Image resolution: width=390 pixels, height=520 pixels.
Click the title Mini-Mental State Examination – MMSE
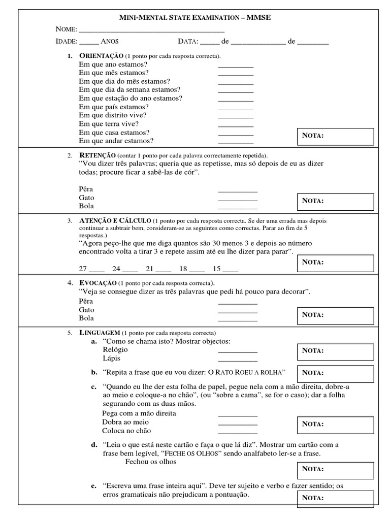coord(194,18)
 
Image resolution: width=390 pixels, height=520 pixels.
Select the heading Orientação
coord(102,55)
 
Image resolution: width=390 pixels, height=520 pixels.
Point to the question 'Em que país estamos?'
coord(114,107)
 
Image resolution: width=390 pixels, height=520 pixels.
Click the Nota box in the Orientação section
coord(335,136)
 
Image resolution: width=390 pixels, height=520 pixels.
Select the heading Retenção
coord(97,155)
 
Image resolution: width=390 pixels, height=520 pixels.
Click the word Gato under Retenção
coord(87,198)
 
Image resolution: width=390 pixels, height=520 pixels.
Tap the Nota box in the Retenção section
coord(335,201)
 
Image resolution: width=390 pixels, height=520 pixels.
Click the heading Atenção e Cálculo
coord(115,221)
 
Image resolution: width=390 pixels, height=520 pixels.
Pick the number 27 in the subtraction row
coord(83,269)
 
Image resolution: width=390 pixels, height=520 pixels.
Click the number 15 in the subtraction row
coord(217,269)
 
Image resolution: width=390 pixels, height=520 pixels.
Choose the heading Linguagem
coord(100,332)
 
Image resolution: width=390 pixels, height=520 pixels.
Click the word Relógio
coord(115,350)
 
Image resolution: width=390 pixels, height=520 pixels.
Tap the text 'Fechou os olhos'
coord(151,462)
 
